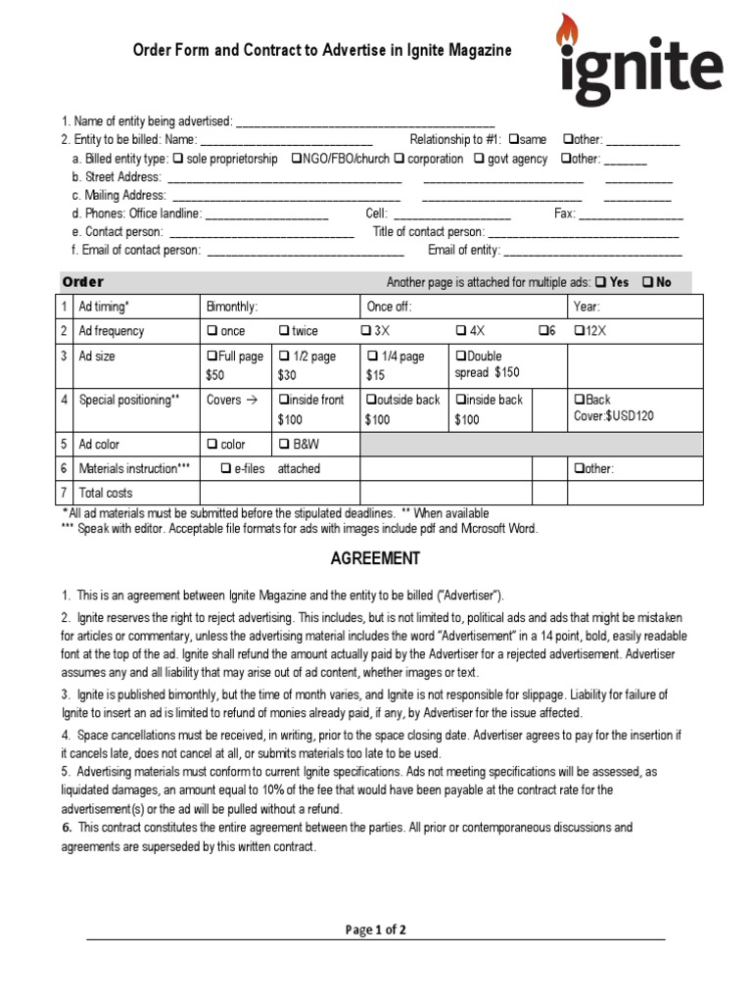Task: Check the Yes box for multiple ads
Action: tap(600, 282)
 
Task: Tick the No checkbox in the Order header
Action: tap(648, 282)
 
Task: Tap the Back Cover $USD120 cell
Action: tap(613, 407)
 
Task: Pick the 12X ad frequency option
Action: tap(580, 331)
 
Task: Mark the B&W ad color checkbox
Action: tap(285, 445)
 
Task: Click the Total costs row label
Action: tap(106, 493)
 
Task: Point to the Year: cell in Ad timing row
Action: tap(587, 307)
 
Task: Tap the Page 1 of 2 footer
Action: tap(375, 931)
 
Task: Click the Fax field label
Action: tap(564, 214)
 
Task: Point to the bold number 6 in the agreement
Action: tap(67, 829)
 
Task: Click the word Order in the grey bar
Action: tap(83, 282)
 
